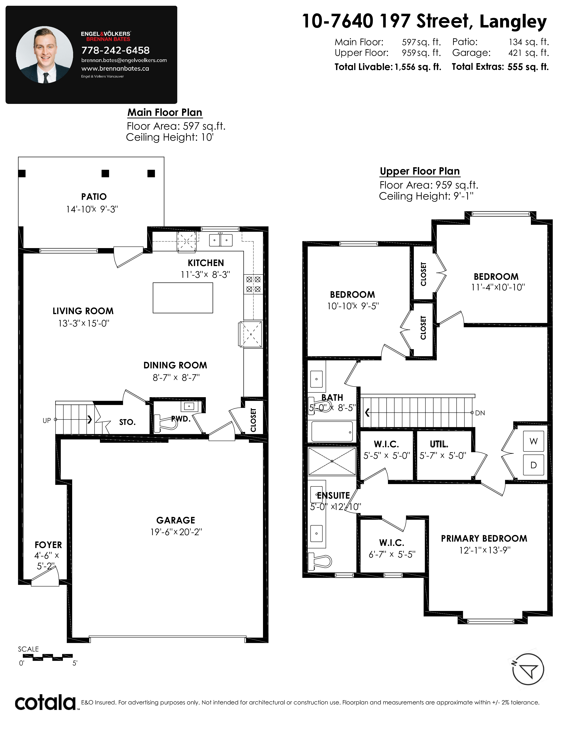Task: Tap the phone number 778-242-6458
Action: point(115,51)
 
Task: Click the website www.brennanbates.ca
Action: point(115,69)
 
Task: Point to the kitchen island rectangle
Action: point(183,298)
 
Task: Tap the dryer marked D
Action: point(534,465)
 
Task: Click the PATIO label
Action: point(94,197)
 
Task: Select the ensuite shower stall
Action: point(332,461)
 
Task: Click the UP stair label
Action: point(47,420)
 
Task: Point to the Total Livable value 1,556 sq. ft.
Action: point(418,67)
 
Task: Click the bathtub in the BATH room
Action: point(332,432)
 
